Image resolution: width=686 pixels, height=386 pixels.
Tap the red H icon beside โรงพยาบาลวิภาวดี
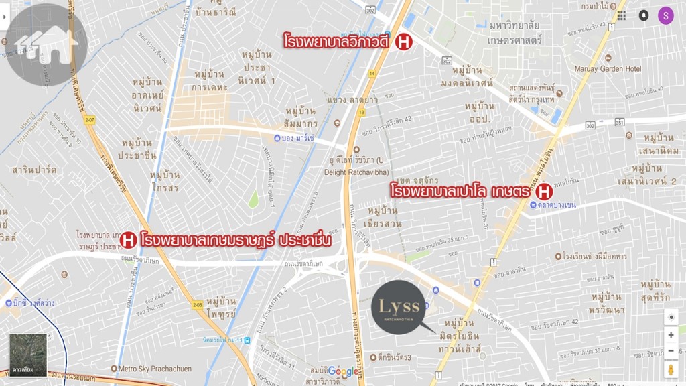(403, 42)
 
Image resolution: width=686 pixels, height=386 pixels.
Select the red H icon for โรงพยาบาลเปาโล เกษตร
(545, 191)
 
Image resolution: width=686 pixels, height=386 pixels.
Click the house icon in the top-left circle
(48, 44)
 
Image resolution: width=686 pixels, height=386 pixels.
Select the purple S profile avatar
(665, 15)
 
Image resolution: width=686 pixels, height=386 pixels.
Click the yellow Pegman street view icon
(671, 369)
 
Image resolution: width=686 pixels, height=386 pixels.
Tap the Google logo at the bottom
(344, 372)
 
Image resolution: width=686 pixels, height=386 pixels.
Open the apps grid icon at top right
(622, 15)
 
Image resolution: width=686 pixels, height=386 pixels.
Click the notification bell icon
(644, 15)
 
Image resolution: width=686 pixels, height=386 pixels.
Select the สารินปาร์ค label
(34, 169)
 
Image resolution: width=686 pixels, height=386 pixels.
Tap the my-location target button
(671, 317)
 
